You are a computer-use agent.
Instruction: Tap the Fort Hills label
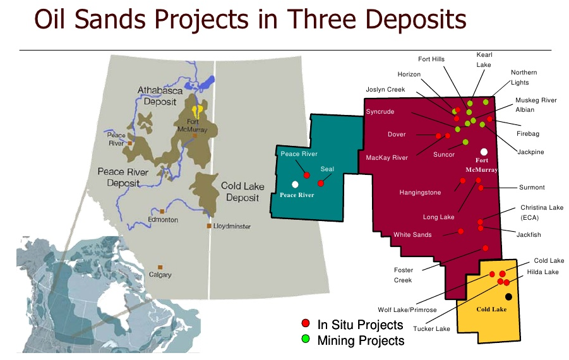click(x=431, y=59)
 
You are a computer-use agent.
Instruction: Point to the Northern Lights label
click(x=524, y=77)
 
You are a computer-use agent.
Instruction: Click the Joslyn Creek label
click(x=385, y=90)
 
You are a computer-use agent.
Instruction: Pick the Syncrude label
click(x=380, y=112)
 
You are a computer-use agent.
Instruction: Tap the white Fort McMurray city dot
click(x=484, y=152)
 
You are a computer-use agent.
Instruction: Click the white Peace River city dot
click(x=295, y=184)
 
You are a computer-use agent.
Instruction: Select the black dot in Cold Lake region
click(x=508, y=296)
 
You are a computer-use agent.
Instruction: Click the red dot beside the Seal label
click(x=321, y=183)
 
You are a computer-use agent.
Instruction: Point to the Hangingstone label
click(x=420, y=192)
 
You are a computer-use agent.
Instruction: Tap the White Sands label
click(x=412, y=235)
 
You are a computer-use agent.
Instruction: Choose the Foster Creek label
click(x=403, y=275)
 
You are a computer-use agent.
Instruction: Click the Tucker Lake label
click(x=432, y=328)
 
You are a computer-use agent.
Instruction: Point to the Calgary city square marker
click(x=161, y=267)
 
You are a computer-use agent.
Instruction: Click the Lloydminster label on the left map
click(x=233, y=226)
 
